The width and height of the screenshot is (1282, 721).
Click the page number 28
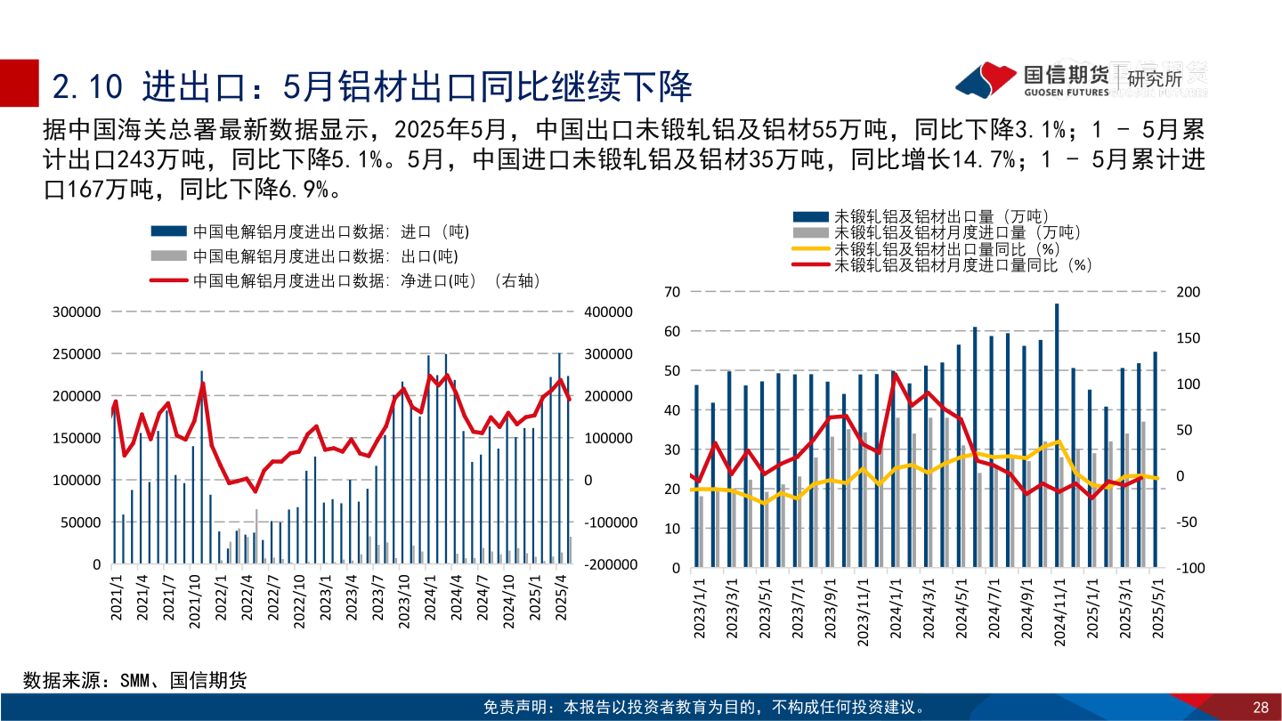pyautogui.click(x=1260, y=708)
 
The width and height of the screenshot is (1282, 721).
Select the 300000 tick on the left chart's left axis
pyautogui.click(x=77, y=312)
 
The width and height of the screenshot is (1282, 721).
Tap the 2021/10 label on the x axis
pyautogui.click(x=193, y=602)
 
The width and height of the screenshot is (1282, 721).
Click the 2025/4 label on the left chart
pyautogui.click(x=561, y=602)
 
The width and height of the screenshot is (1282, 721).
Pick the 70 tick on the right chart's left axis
pyautogui.click(x=672, y=292)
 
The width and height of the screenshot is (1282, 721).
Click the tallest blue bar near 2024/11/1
pyautogui.click(x=1057, y=436)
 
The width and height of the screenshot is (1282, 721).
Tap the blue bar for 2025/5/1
pyautogui.click(x=1156, y=459)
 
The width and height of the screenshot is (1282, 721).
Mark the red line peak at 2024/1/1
pyautogui.click(x=895, y=374)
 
